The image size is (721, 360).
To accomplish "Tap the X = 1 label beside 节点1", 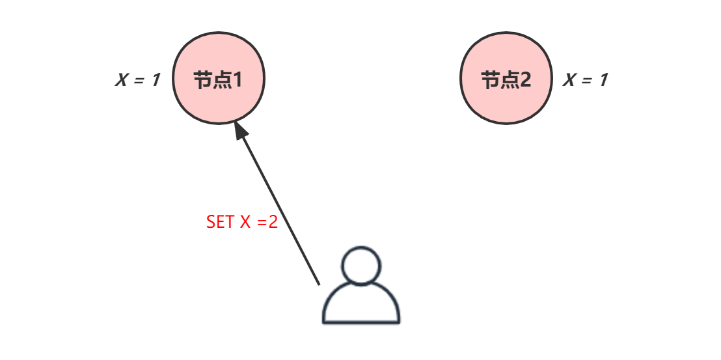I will click(138, 81).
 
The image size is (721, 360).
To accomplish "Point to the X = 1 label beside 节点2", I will click(586, 80).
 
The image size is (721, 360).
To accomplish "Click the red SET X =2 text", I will click(242, 222).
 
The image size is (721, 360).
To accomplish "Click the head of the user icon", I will click(361, 266).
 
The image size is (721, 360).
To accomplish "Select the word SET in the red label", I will click(219, 222).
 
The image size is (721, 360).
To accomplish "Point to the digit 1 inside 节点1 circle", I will click(238, 80).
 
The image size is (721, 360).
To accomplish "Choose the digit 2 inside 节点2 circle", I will click(524, 80).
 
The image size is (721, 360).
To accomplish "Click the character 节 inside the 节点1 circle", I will click(203, 80).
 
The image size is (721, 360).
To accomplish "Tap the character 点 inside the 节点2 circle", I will click(508, 80).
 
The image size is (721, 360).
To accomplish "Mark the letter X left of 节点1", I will click(122, 81).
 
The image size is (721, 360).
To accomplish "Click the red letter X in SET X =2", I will click(245, 222).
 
